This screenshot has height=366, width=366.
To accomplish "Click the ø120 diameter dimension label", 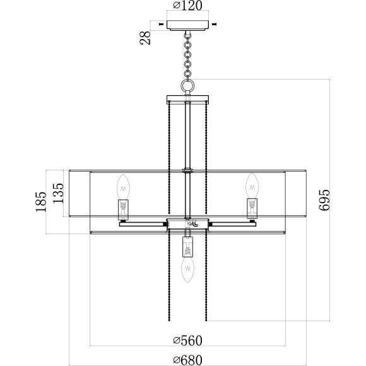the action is click(x=187, y=6).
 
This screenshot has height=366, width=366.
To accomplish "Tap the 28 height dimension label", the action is click(x=145, y=38).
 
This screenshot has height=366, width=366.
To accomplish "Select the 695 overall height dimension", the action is click(x=325, y=200).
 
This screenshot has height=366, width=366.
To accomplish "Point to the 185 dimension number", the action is click(x=41, y=202).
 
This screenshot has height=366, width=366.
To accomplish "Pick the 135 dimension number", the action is click(x=58, y=193).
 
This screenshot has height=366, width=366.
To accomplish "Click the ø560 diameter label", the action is click(x=187, y=341).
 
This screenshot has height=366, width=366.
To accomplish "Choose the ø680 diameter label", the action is click(x=187, y=360).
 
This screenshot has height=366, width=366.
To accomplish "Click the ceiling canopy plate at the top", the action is click(x=187, y=25).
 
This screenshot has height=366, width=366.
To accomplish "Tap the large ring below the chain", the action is click(x=187, y=85).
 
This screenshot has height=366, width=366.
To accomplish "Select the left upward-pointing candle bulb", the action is click(x=123, y=187).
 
